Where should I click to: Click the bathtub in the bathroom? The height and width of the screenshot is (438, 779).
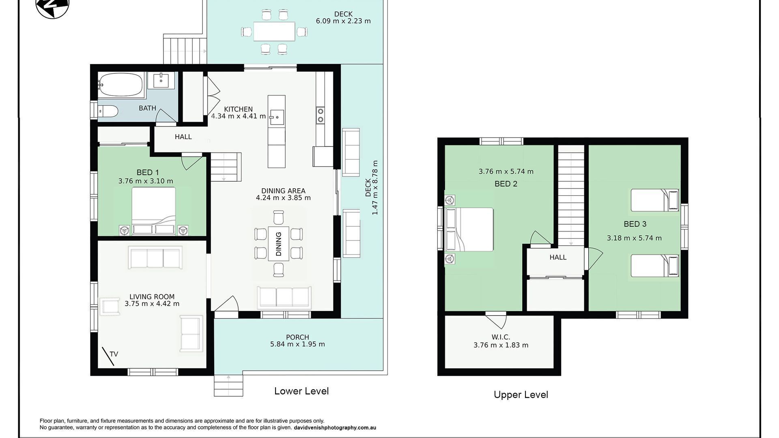tap(121, 84)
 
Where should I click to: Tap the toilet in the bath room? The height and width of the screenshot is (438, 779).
tap(108, 111)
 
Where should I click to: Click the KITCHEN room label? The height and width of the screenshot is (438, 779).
tap(238, 109)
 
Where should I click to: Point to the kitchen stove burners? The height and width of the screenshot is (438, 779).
tap(320, 115)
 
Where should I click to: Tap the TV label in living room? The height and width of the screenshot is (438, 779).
tap(114, 354)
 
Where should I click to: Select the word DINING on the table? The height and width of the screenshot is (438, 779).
tap(278, 244)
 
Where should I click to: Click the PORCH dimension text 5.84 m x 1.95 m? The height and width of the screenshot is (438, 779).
tap(297, 344)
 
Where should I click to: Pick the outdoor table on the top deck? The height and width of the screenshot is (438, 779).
tap(274, 31)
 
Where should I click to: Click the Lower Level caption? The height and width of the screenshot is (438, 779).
tap(301, 391)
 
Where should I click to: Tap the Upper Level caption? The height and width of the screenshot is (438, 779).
tap(521, 395)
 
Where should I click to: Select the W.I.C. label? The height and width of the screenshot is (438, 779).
tap(501, 337)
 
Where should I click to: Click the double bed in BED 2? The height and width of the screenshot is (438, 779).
tap(469, 230)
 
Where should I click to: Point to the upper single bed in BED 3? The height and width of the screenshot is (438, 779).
tap(654, 200)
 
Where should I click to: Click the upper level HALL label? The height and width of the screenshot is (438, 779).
tap(558, 257)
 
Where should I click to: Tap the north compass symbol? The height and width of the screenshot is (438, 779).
tap(52, 6)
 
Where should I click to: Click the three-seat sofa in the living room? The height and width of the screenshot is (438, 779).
tap(155, 257)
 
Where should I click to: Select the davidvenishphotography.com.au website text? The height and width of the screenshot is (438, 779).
tap(335, 427)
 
